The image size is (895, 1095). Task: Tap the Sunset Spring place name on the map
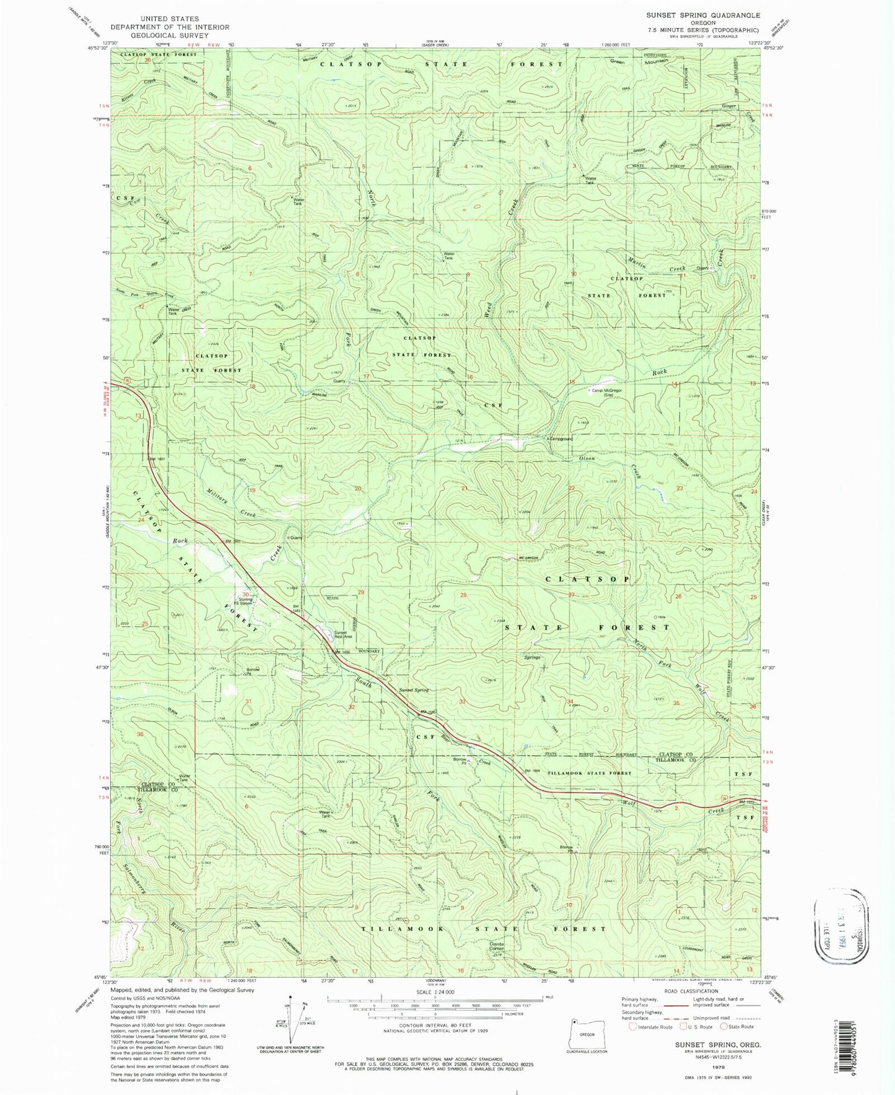tap(413, 690)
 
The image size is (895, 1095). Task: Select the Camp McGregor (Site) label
tap(606, 392)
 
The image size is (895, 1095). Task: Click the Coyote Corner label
tap(497, 947)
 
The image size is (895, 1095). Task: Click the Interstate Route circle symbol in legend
tap(633, 1027)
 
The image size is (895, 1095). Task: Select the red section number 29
tap(361, 593)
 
